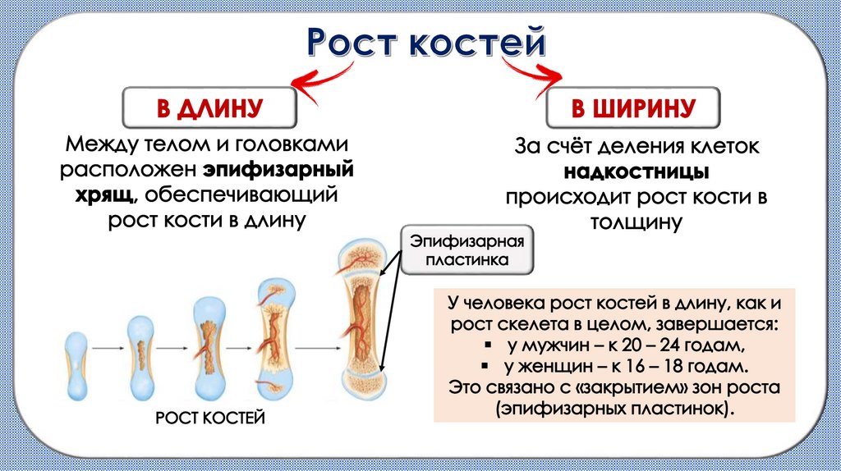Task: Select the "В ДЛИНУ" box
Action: pyautogui.click(x=209, y=107)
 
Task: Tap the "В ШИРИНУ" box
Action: pyautogui.click(x=633, y=107)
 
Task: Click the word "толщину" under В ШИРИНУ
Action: pyautogui.click(x=635, y=222)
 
